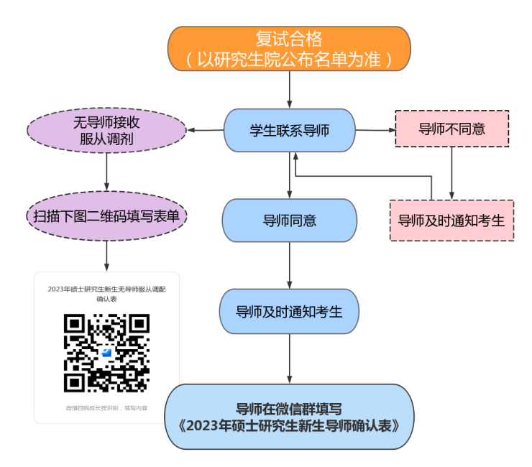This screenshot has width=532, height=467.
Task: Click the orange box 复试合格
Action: [289, 48]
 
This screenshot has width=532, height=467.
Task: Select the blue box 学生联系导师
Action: [289, 131]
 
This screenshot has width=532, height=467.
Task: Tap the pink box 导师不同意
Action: [451, 129]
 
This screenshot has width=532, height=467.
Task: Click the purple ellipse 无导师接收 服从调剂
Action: [106, 131]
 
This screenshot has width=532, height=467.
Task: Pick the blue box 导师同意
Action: [289, 221]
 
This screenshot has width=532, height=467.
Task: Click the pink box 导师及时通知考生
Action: [451, 221]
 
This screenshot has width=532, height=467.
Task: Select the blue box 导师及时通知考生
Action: [289, 312]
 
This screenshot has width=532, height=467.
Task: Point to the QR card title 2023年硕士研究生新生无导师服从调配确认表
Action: [106, 293]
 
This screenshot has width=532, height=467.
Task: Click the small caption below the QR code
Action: [106, 408]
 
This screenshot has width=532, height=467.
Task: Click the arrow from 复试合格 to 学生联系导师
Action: [289, 90]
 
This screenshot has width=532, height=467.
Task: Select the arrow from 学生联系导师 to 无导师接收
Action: [205, 131]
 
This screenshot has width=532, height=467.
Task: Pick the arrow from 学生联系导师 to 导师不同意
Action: [375, 131]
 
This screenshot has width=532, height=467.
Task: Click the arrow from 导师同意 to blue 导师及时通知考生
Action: [289, 266]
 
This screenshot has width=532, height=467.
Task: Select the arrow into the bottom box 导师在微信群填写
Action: [289, 359]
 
